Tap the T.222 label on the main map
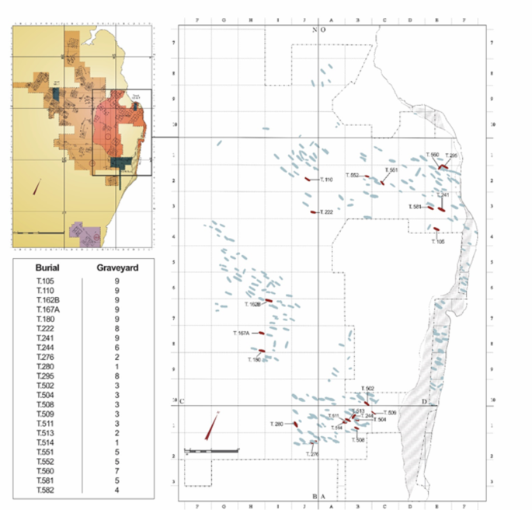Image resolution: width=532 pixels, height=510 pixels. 325,212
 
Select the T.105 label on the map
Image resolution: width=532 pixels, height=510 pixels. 439,241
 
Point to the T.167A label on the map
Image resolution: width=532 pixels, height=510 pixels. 241,333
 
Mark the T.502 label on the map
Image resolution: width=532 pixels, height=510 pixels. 368,389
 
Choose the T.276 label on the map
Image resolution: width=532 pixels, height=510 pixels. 312,453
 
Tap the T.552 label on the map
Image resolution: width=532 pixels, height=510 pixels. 349,176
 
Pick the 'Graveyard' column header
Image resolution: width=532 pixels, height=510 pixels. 116,268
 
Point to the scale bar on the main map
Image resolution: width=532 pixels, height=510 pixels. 210,450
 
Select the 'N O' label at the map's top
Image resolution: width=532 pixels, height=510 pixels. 318,30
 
